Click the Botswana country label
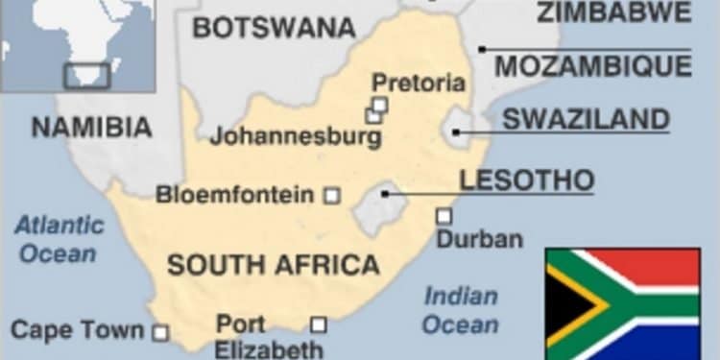[x=274, y=27]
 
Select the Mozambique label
[x=592, y=65]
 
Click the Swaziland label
[x=586, y=119]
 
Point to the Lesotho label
[x=526, y=180]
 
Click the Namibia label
[x=91, y=126]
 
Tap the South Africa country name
[x=274, y=265]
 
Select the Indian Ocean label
[x=461, y=309]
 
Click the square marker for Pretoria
[x=380, y=104]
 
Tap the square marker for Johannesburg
[x=372, y=116]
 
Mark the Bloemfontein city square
[x=331, y=195]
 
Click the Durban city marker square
[x=444, y=216]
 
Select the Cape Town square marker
[x=161, y=333]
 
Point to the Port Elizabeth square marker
[x=318, y=324]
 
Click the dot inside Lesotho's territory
[x=385, y=193]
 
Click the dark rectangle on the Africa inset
[x=86, y=76]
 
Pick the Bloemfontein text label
[x=235, y=196]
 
